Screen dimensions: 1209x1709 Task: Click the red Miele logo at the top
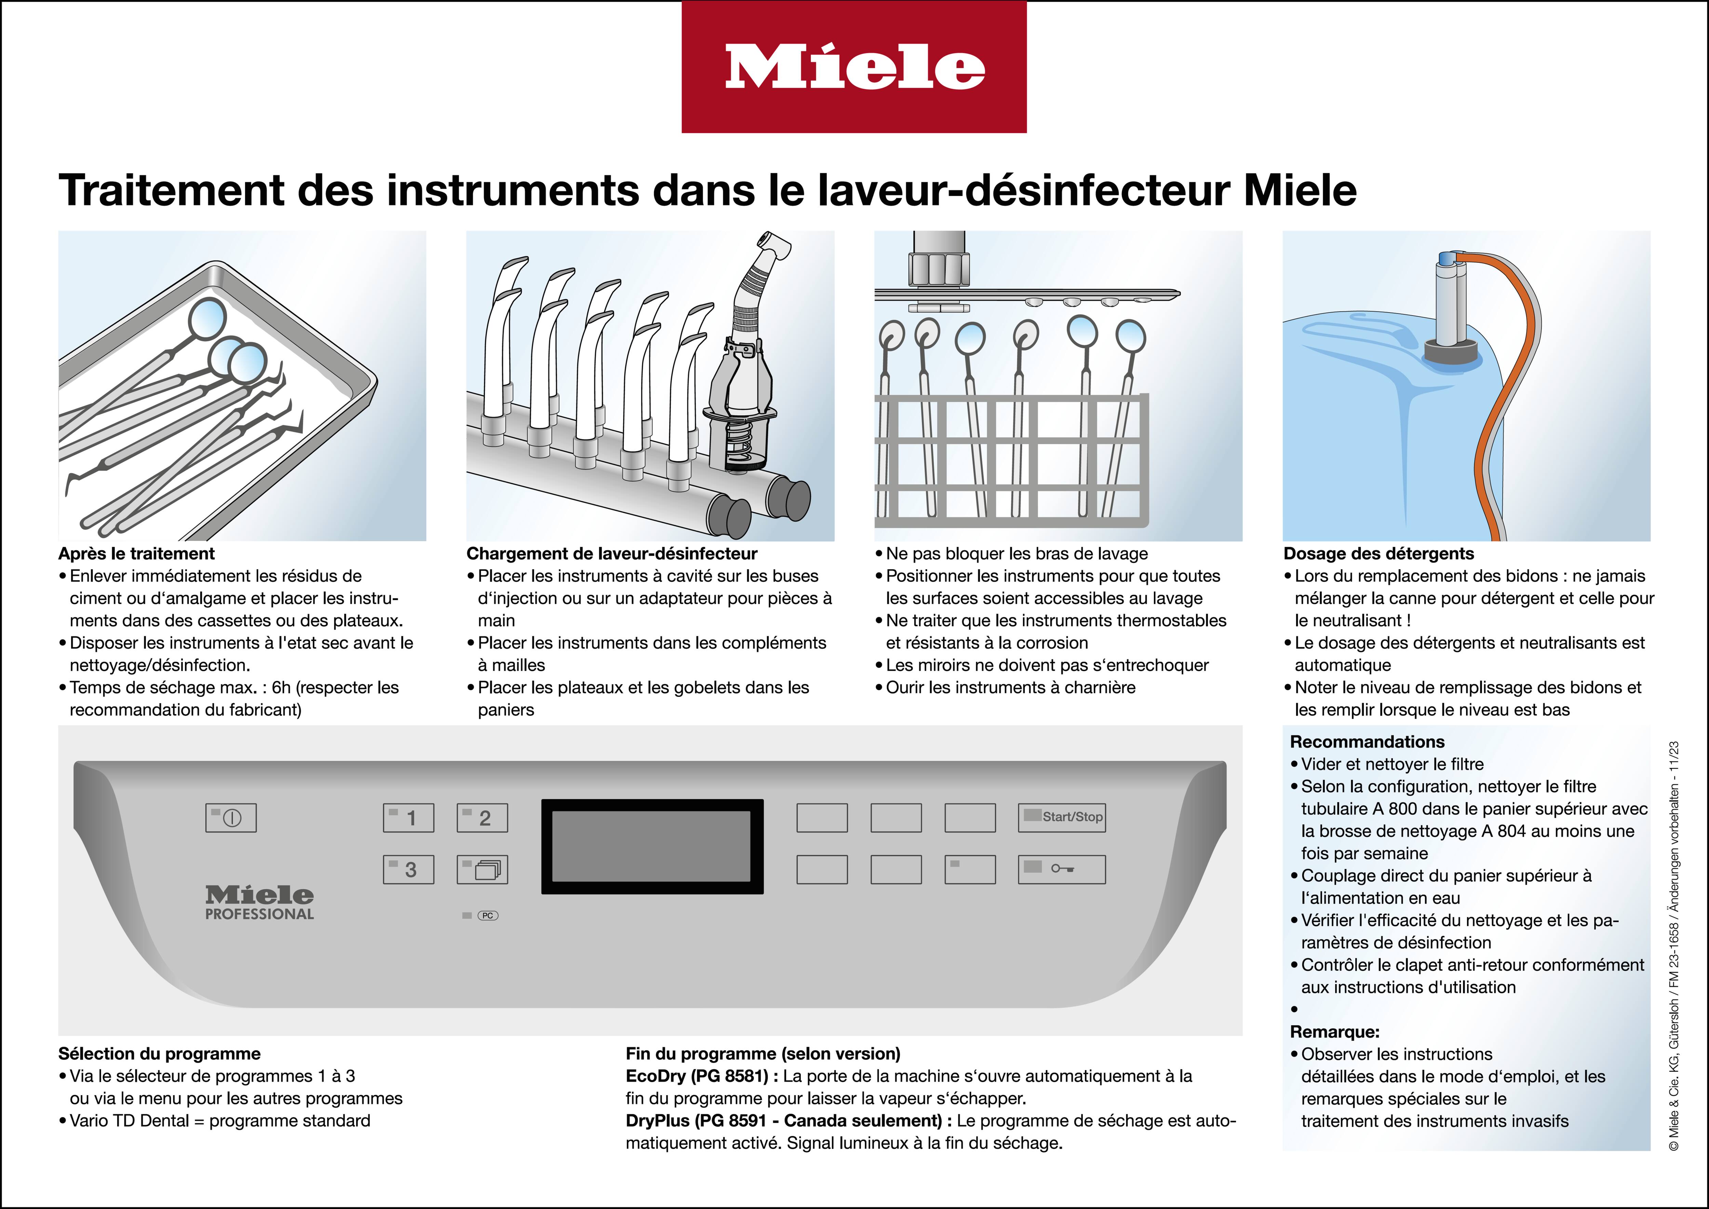click(x=854, y=67)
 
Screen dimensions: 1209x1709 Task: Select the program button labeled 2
click(x=482, y=818)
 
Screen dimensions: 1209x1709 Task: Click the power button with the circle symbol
click(x=231, y=818)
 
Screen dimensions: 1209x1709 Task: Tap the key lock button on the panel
click(x=1061, y=869)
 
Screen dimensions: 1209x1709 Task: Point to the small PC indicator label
click(x=487, y=916)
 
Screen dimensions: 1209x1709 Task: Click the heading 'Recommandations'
click(x=1367, y=742)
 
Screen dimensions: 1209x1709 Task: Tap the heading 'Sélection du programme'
click(x=159, y=1053)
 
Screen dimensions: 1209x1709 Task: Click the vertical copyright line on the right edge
click(x=1673, y=945)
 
